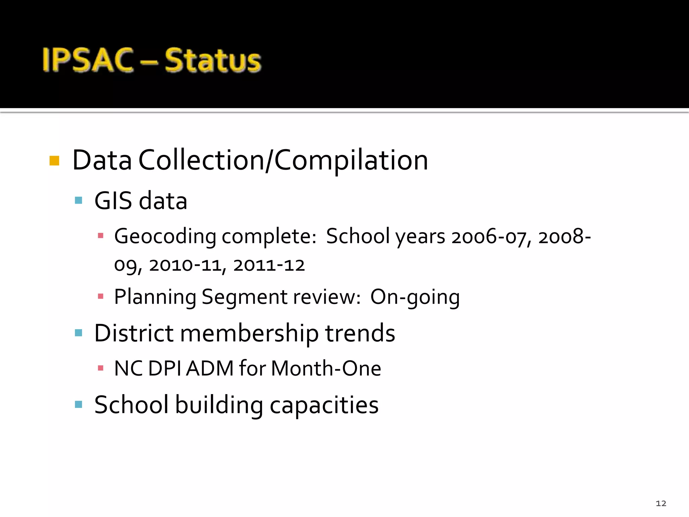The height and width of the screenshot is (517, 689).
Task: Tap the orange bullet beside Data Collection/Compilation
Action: click(54, 161)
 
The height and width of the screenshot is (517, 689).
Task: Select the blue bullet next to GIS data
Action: click(78, 201)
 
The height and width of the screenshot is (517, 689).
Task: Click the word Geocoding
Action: click(165, 236)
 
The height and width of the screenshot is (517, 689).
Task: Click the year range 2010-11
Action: click(186, 265)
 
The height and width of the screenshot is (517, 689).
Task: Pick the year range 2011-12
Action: click(269, 265)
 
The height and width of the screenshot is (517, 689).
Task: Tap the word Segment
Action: click(245, 297)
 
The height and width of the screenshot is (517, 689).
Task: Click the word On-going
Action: click(415, 297)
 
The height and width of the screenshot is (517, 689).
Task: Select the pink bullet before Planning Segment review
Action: click(100, 297)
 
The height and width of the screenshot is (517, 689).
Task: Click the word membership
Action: click(249, 333)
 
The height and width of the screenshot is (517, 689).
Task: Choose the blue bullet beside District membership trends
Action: click(78, 333)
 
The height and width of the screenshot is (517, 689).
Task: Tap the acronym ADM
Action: click(210, 368)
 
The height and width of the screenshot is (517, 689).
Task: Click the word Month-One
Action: click(326, 368)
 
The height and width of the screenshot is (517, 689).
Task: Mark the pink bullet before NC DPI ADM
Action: click(100, 368)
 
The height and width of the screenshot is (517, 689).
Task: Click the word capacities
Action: click(324, 405)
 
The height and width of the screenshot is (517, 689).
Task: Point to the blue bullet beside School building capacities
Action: click(78, 404)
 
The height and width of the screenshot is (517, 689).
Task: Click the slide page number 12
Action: click(661, 503)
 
